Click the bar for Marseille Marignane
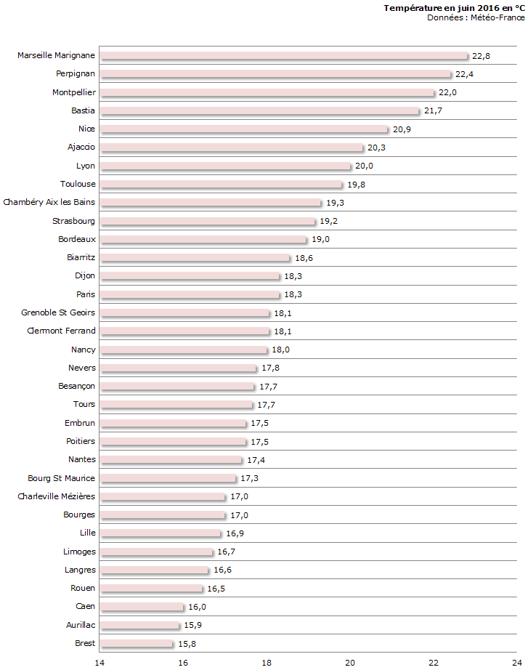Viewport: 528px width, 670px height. [283, 56]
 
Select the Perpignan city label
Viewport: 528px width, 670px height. [76, 74]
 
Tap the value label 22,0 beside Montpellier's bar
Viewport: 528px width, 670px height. [447, 93]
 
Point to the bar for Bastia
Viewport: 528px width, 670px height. [259, 111]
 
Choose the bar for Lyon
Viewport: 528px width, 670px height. [225, 166]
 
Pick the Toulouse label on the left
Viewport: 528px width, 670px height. [78, 185]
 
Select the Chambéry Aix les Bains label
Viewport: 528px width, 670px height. [49, 203]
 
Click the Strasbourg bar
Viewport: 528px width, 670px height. [208, 221]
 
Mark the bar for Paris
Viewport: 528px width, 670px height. [190, 294]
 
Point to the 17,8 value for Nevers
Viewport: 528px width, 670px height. [270, 368]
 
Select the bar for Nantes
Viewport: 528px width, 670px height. [171, 460]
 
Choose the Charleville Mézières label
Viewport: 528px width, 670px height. [57, 497]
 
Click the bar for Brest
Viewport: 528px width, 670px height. [137, 644]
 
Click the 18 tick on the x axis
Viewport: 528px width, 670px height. [267, 662]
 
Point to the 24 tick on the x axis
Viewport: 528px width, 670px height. [516, 662]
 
